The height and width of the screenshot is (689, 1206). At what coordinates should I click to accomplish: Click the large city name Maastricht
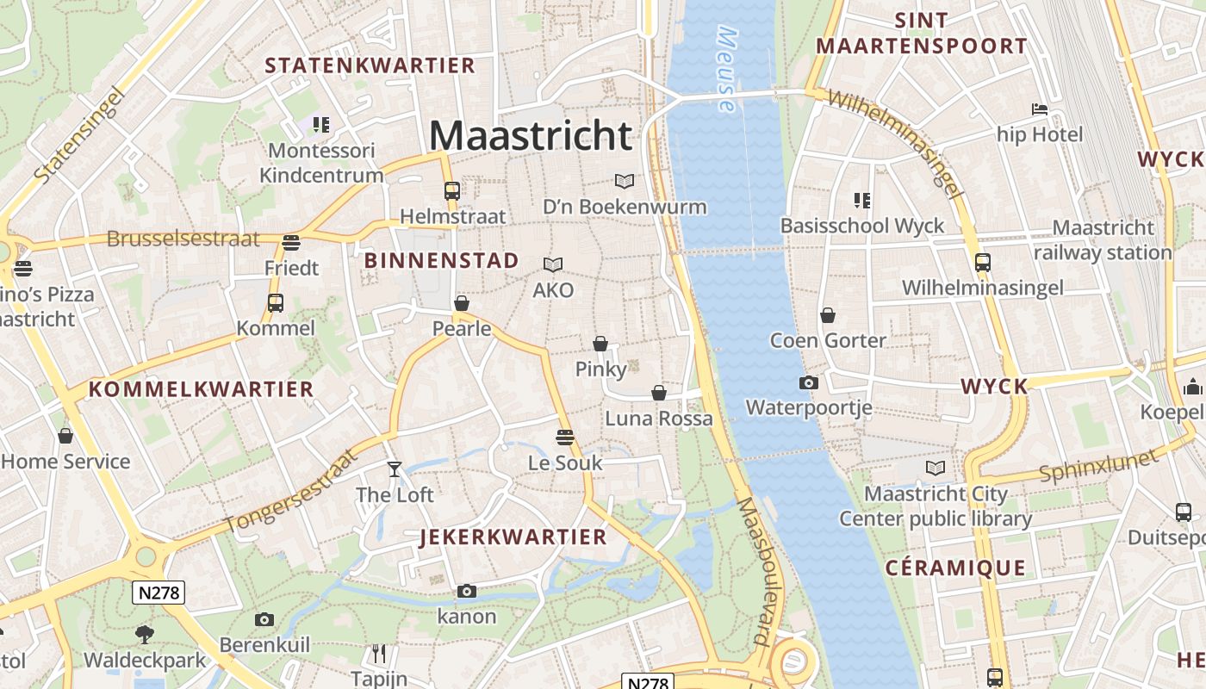pyautogui.click(x=531, y=136)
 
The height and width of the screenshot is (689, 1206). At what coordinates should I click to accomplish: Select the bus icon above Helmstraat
pyautogui.click(x=452, y=190)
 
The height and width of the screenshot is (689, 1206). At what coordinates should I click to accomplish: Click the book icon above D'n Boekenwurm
pyautogui.click(x=625, y=181)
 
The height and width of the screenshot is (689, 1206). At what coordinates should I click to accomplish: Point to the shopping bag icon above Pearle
pyautogui.click(x=462, y=303)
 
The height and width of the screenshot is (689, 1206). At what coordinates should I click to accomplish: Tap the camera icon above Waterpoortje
pyautogui.click(x=808, y=382)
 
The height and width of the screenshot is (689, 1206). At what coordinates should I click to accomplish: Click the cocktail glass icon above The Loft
pyautogui.click(x=395, y=469)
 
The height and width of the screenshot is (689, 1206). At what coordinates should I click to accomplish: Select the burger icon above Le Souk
pyautogui.click(x=565, y=438)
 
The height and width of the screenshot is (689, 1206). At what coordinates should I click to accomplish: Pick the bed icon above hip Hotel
pyautogui.click(x=1040, y=109)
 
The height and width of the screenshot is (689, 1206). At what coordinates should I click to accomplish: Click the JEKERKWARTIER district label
pyautogui.click(x=513, y=537)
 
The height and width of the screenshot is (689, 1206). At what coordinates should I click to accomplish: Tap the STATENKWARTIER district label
pyautogui.click(x=370, y=65)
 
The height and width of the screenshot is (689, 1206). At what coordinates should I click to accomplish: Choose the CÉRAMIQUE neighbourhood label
pyautogui.click(x=955, y=568)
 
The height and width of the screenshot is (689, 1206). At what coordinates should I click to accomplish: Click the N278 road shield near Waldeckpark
pyautogui.click(x=159, y=593)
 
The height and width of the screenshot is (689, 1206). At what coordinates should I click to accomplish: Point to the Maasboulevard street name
pyautogui.click(x=752, y=571)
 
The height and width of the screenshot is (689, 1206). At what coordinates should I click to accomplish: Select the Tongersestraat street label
pyautogui.click(x=290, y=492)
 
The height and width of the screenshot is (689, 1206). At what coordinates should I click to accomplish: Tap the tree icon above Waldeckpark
pyautogui.click(x=145, y=635)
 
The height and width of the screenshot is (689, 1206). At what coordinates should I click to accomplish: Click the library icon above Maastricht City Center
pyautogui.click(x=935, y=469)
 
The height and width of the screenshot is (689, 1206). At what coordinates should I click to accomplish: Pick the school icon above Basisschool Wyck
pyautogui.click(x=861, y=201)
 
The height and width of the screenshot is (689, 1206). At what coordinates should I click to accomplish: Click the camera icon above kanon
pyautogui.click(x=467, y=591)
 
